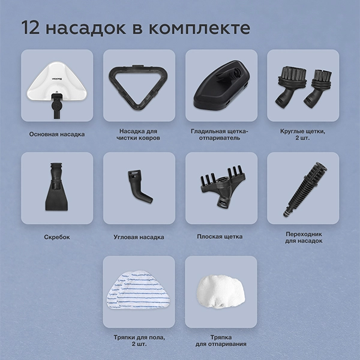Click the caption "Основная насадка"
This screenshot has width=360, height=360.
pyautogui.click(x=56, y=134)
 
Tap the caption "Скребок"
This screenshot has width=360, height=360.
pyautogui.click(x=57, y=237)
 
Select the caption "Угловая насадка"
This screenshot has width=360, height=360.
pyautogui.click(x=139, y=237)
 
